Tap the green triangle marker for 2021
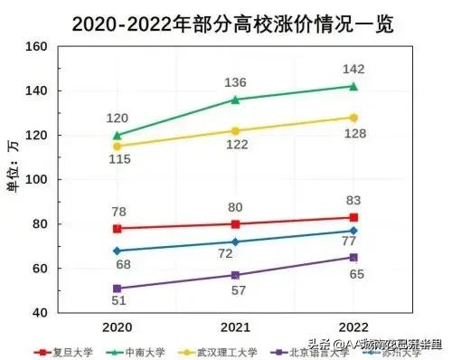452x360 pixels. (235, 99)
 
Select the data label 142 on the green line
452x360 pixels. (353, 69)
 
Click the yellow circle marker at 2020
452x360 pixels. (117, 146)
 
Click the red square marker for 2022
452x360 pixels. (353, 217)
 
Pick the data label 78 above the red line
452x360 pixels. (117, 211)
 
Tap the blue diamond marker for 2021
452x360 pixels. (235, 242)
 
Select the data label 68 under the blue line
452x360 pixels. (117, 264)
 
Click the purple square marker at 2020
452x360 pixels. (117, 289)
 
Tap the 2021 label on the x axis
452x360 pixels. (235, 326)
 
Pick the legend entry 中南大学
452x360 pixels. (142, 351)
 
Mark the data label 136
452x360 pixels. (235, 82)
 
